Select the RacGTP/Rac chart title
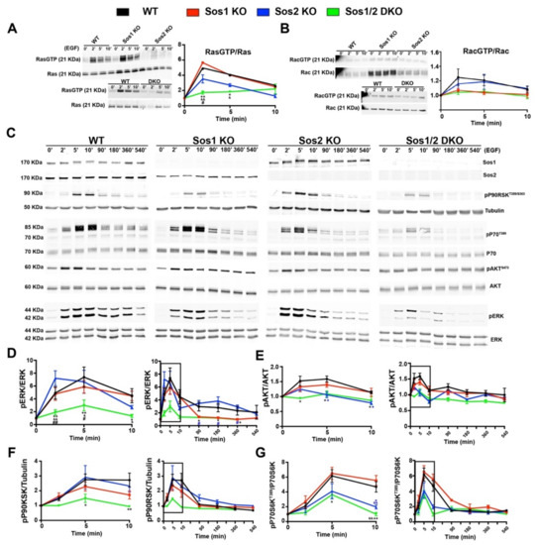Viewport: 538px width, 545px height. coord(490,53)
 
